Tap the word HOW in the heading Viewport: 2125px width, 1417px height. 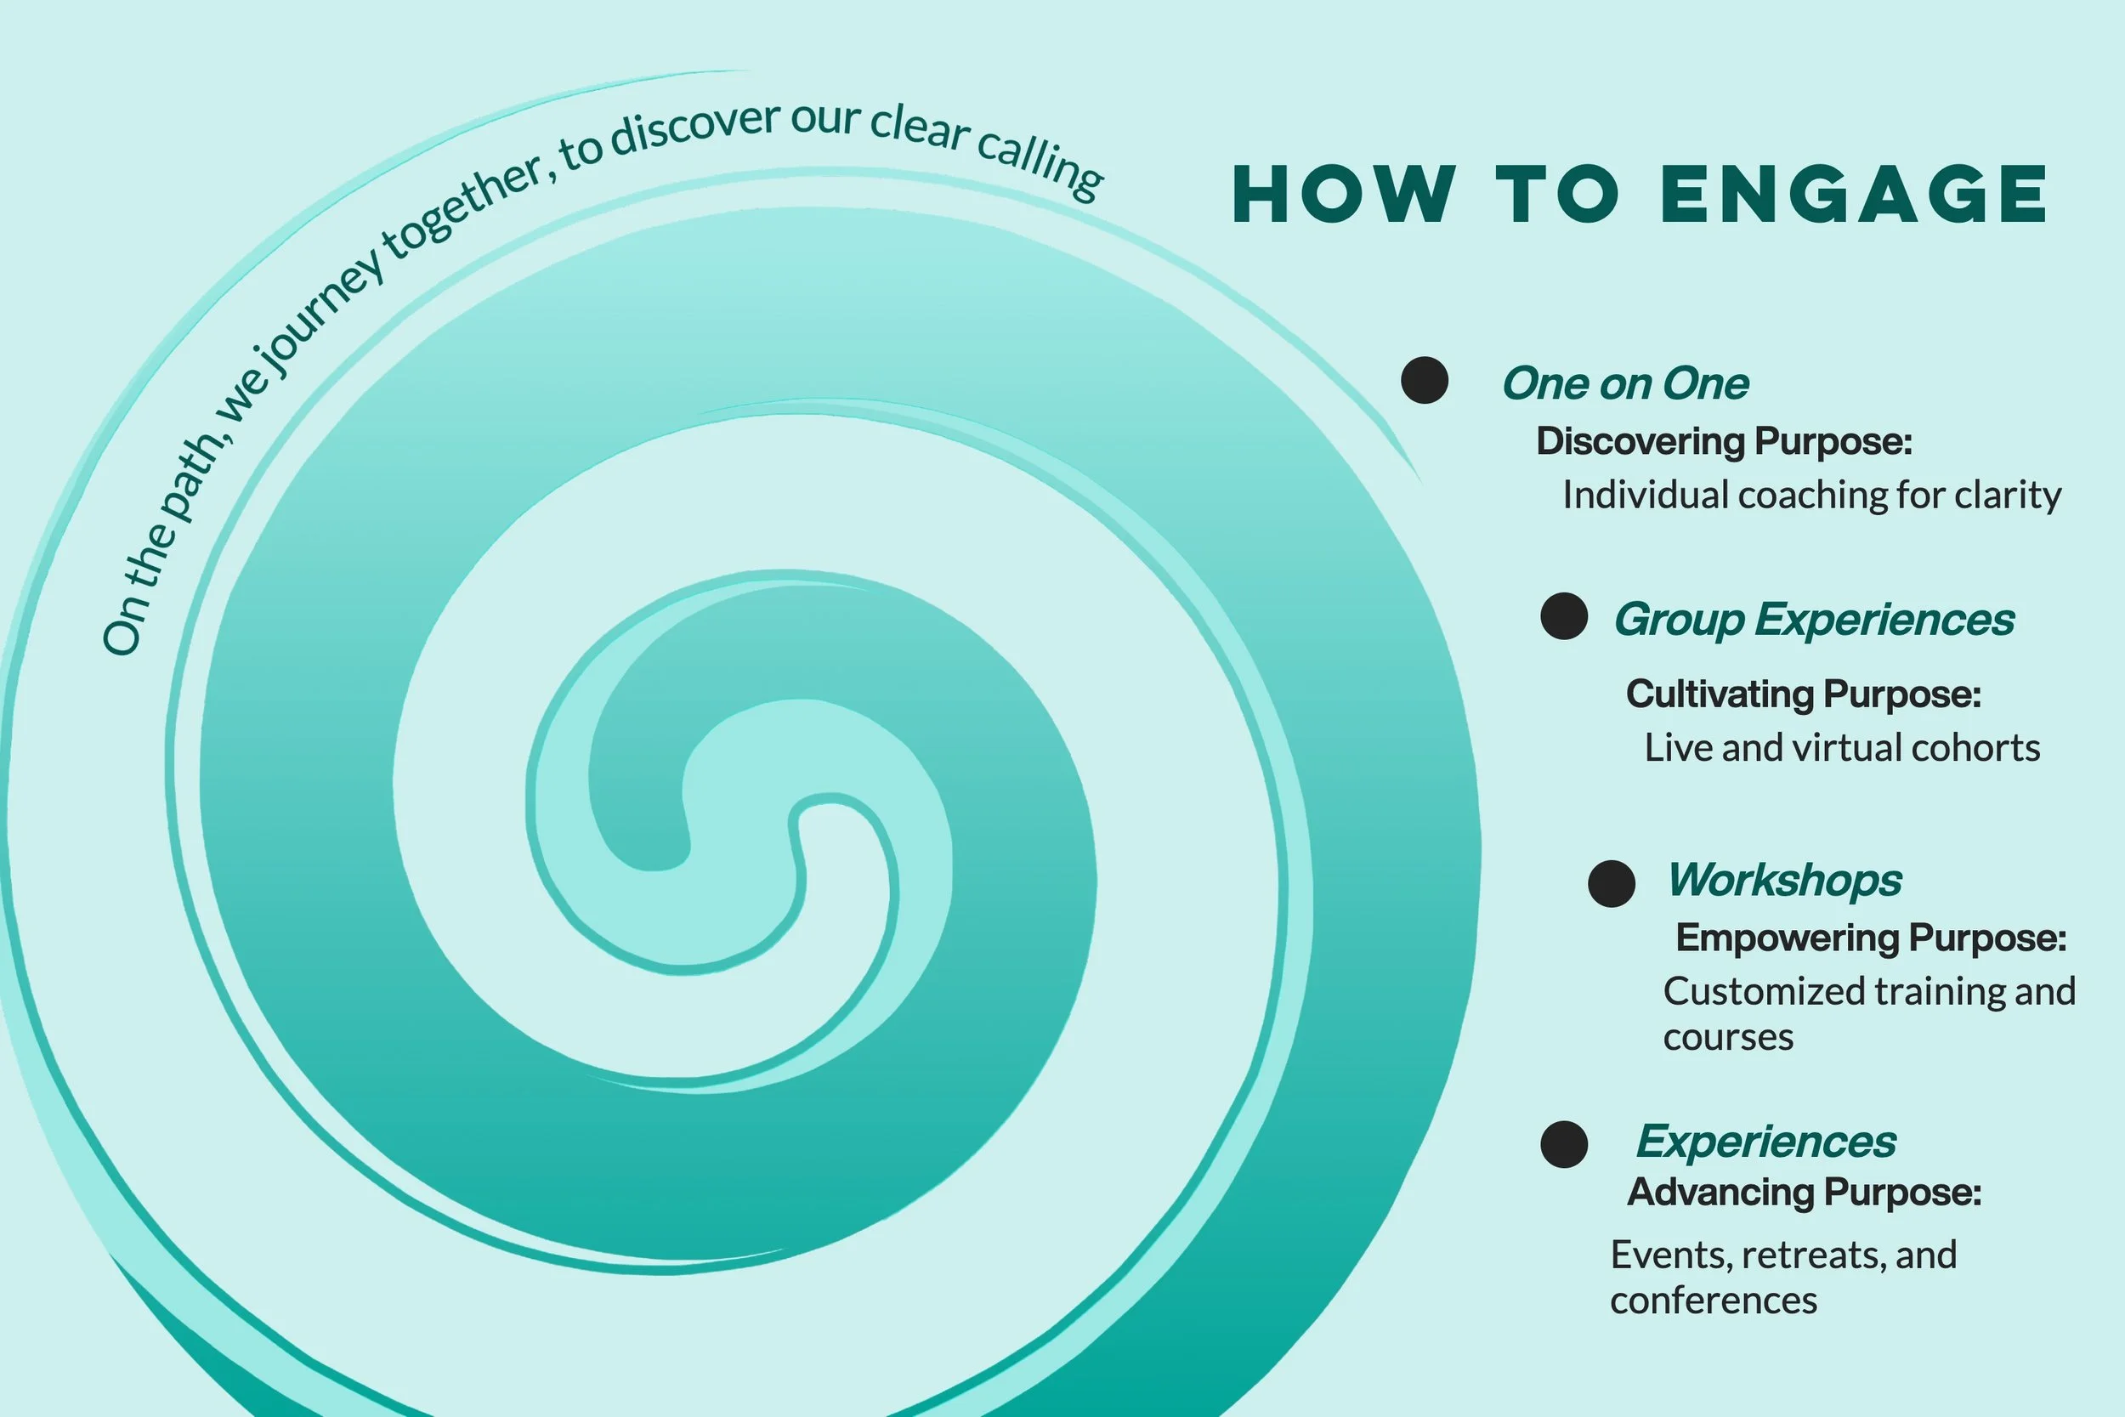(x=1345, y=195)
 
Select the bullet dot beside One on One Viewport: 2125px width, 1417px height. (x=1425, y=380)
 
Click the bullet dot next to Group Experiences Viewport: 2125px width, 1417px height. (x=1564, y=616)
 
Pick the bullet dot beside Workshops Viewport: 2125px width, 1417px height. (x=1612, y=883)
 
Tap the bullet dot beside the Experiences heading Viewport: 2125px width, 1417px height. (x=1564, y=1144)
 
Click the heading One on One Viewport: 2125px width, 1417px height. (x=1624, y=383)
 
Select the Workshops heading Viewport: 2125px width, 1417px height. (x=1784, y=879)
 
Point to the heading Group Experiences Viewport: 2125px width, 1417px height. (x=1814, y=620)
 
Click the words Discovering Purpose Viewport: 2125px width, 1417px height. (x=1723, y=441)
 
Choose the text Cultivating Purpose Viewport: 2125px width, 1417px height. (x=1803, y=694)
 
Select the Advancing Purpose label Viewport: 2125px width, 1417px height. (x=1804, y=1192)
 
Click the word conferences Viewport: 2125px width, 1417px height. (x=1713, y=1301)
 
